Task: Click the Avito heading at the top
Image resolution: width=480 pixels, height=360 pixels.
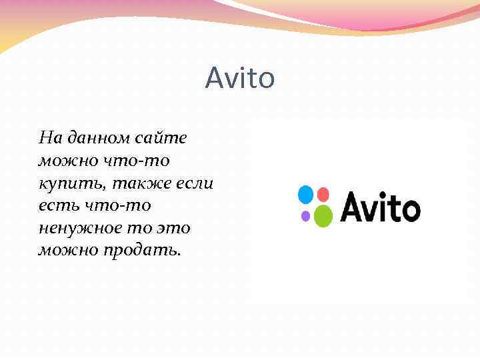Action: click(x=239, y=79)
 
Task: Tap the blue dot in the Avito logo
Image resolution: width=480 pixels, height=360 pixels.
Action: click(x=305, y=195)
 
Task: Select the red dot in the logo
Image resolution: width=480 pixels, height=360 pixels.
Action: click(x=323, y=194)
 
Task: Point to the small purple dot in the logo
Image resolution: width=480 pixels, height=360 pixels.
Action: click(x=306, y=215)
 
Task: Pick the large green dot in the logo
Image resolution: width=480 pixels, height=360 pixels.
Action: click(x=323, y=215)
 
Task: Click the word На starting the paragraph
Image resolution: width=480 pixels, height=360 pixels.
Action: click(x=50, y=138)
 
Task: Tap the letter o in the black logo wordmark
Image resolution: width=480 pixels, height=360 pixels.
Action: click(x=408, y=209)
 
